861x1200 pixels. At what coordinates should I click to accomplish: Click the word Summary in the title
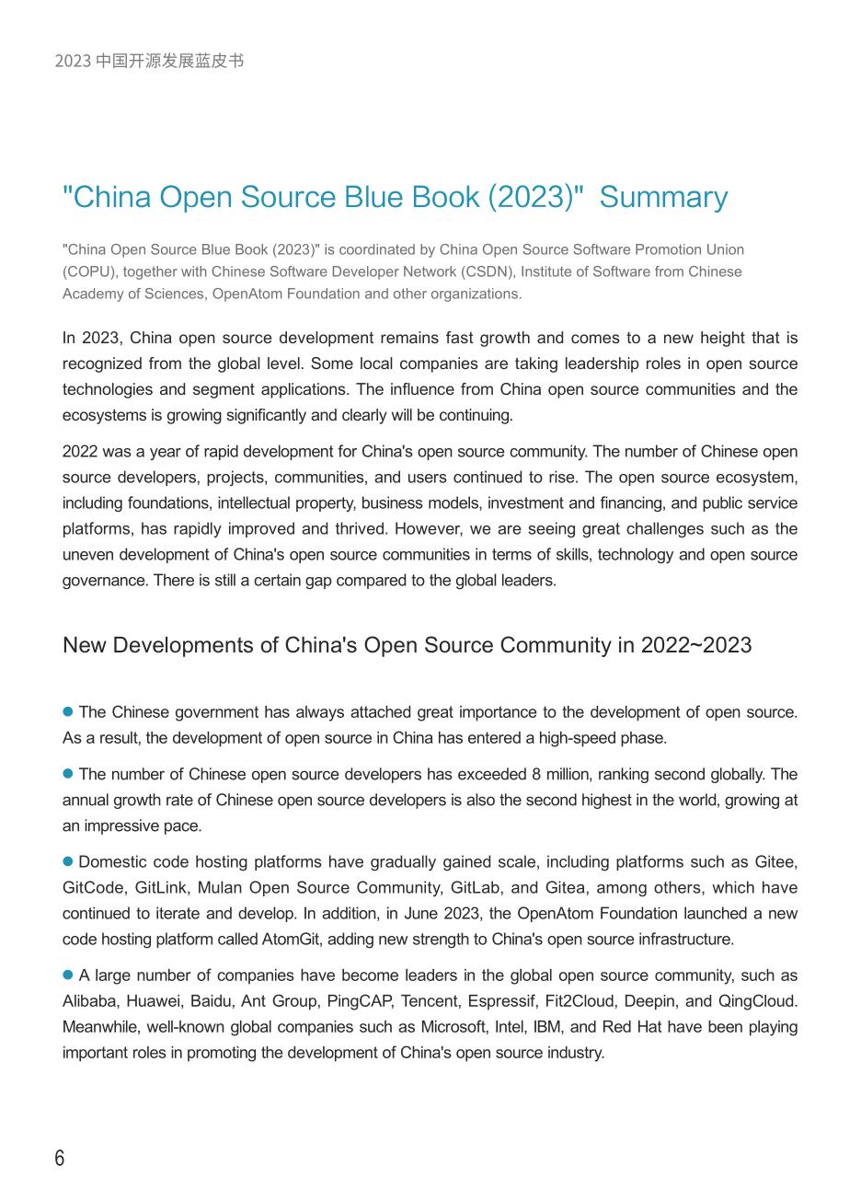(x=663, y=198)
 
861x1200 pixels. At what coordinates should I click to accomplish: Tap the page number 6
(x=60, y=1158)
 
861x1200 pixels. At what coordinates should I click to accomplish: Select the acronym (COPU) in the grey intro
(x=89, y=271)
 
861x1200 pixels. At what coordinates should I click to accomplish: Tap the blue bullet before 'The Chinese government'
(x=67, y=712)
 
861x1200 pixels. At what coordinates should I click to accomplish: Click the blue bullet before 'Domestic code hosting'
(x=67, y=862)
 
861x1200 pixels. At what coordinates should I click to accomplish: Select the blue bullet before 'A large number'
(x=67, y=975)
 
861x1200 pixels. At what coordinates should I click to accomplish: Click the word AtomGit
(x=292, y=940)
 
